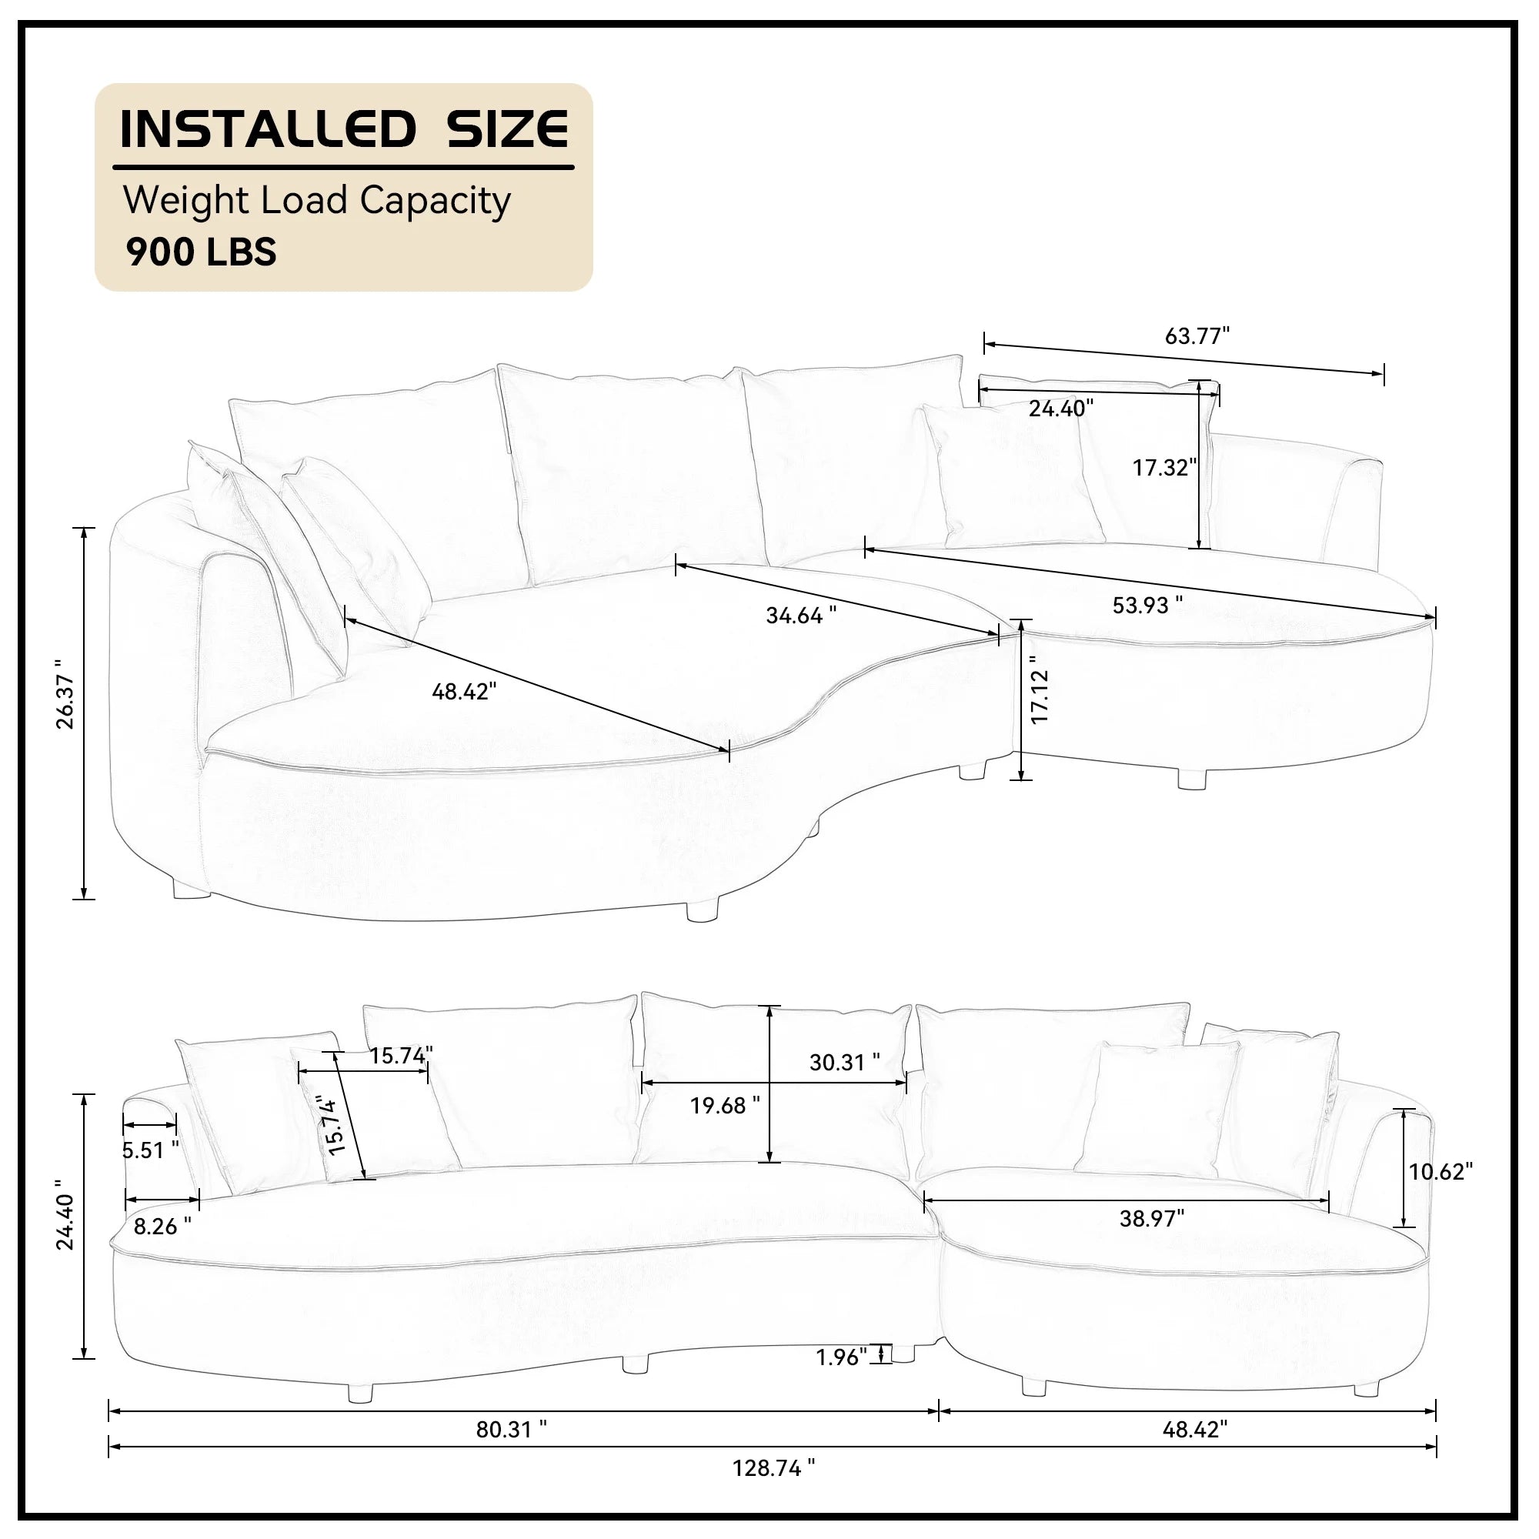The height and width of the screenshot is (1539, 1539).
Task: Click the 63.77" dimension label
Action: click(x=1197, y=336)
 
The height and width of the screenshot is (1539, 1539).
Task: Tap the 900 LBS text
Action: click(x=202, y=252)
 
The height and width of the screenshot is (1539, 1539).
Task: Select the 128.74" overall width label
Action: click(x=774, y=1491)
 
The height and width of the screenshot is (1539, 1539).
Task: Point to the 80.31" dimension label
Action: click(x=512, y=1452)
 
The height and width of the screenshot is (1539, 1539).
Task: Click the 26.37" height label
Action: click(x=65, y=694)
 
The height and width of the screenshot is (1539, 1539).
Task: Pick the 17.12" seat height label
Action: click(x=1040, y=689)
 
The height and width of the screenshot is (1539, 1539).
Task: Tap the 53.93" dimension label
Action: click(x=1148, y=606)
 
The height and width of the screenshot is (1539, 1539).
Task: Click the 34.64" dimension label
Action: click(x=801, y=615)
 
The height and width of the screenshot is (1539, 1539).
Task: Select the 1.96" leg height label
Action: click(x=841, y=1357)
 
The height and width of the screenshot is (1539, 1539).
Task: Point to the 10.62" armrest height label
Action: click(x=1441, y=1172)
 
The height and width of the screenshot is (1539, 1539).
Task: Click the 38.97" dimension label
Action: click(x=1152, y=1219)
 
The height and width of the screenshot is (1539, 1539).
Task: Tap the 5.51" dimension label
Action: click(x=151, y=1150)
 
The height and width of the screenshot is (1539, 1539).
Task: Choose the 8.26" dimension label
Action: click(x=162, y=1226)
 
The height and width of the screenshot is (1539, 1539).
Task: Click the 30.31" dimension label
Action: click(x=845, y=1062)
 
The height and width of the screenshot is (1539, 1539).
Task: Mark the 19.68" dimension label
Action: click(x=725, y=1105)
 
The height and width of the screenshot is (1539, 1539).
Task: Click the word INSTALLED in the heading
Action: click(x=269, y=130)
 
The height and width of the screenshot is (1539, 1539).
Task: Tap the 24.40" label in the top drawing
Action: click(x=1061, y=409)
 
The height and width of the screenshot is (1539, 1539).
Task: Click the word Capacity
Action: click(x=435, y=202)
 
